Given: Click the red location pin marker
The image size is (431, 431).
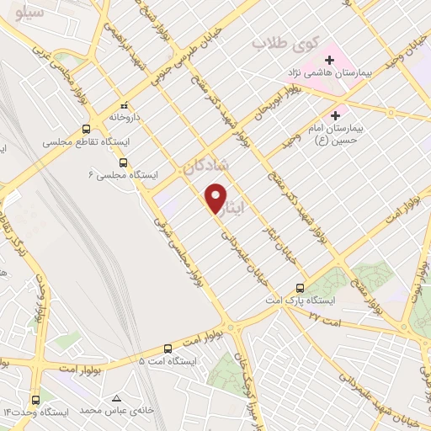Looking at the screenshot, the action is [217, 198].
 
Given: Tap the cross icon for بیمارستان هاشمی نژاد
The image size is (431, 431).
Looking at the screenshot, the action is [329, 60].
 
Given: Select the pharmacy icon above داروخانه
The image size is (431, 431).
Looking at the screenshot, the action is [125, 106].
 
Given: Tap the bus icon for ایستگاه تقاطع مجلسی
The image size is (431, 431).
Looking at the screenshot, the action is [86, 130].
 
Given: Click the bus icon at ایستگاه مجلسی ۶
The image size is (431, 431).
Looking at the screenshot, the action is [124, 162].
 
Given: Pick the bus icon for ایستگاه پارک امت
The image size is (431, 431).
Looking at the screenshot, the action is [301, 287].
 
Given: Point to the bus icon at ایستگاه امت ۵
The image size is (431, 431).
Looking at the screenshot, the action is [167, 348].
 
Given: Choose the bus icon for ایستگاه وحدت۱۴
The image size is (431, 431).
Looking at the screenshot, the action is [35, 399].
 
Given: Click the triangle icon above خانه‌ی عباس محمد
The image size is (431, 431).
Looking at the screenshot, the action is [116, 397].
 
